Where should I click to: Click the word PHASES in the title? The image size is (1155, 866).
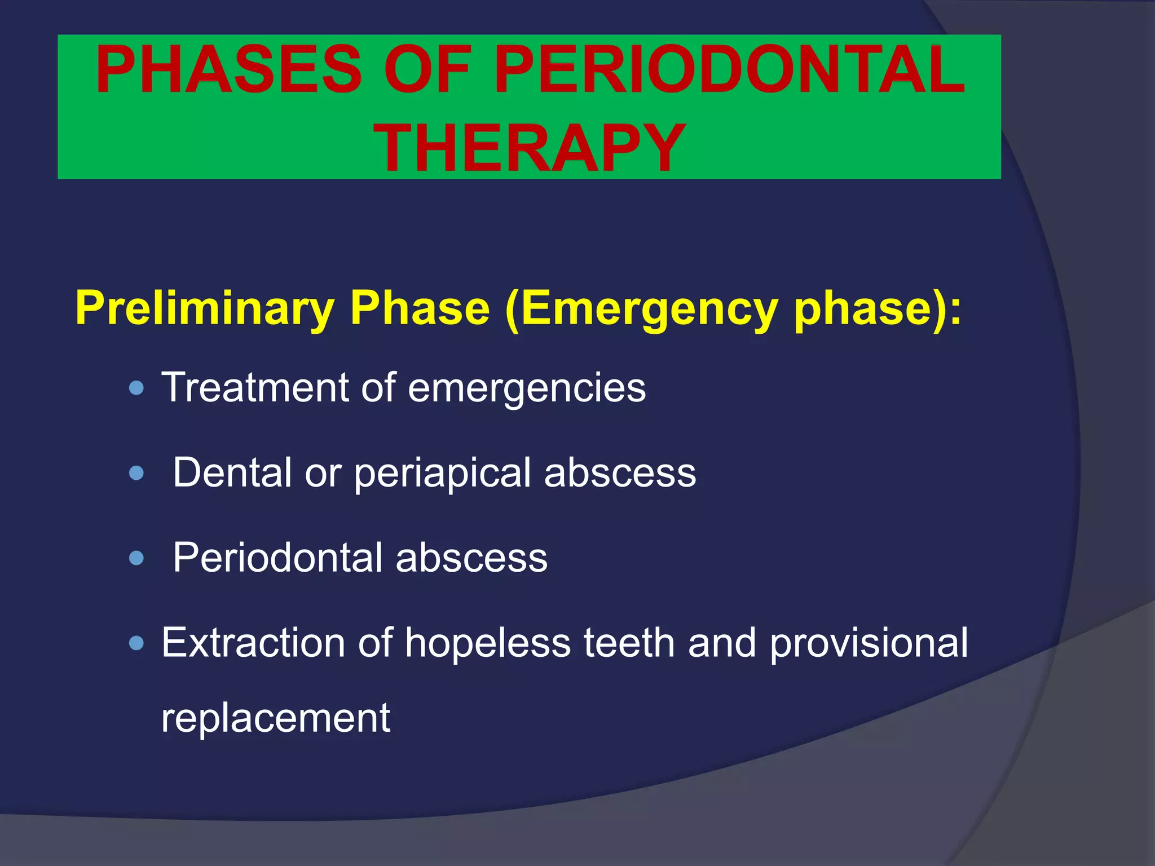228,70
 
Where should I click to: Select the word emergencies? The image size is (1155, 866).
527,387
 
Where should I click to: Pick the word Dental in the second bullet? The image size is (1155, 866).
233,472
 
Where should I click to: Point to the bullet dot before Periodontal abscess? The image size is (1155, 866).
136,558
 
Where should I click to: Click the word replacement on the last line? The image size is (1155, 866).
275,718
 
